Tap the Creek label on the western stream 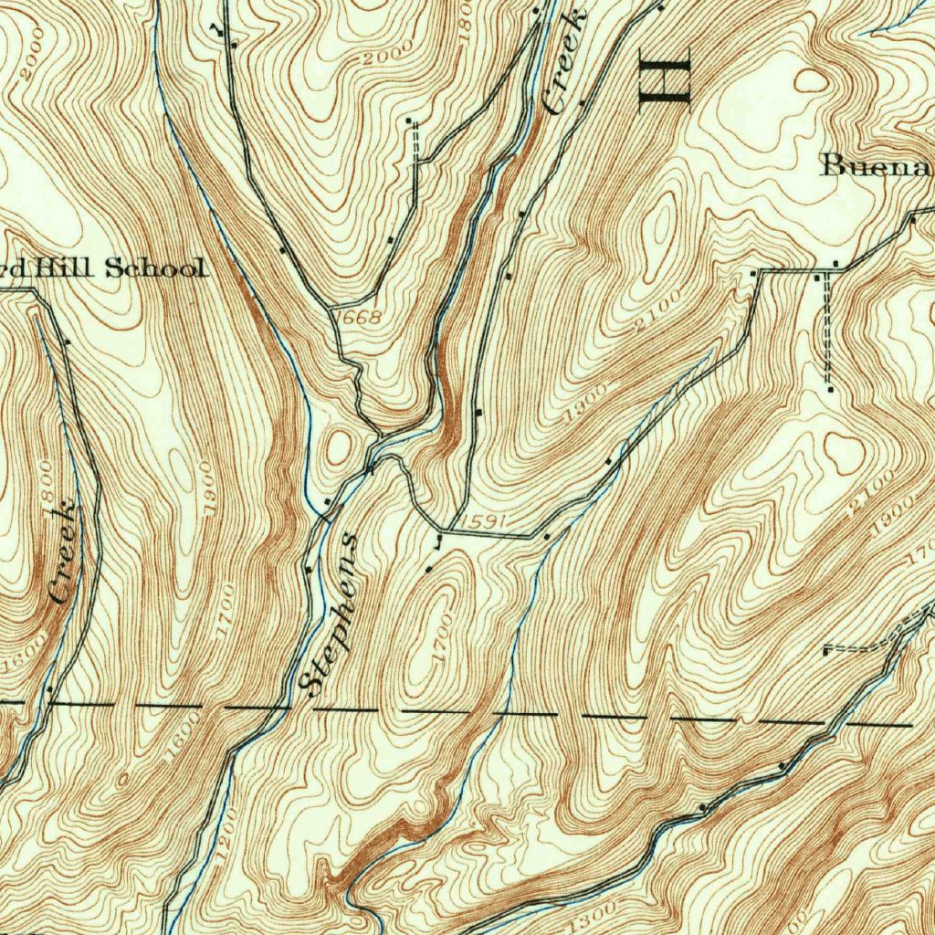[64, 552]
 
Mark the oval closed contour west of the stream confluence [339, 446]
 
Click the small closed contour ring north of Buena [810, 81]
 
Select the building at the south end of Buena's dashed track [830, 390]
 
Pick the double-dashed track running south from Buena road [827, 329]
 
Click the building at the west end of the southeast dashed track [825, 651]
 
